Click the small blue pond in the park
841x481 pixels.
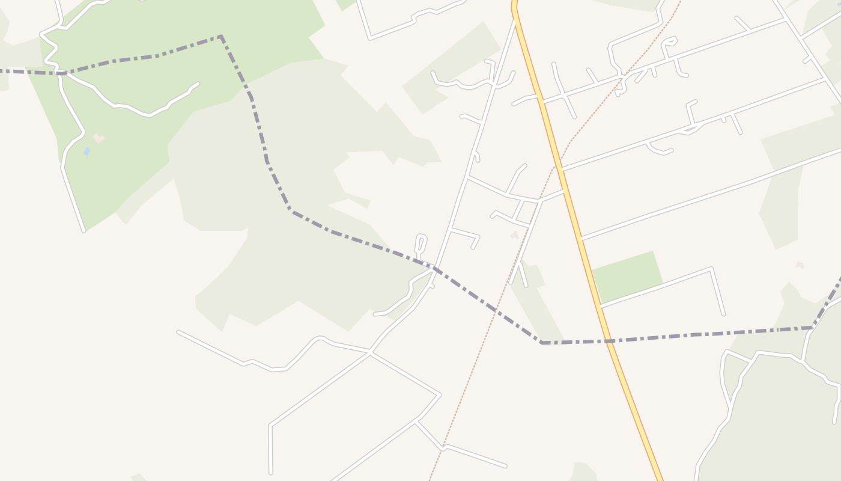tap(87, 152)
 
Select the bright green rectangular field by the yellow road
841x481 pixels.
tap(627, 277)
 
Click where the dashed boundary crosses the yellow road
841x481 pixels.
tap(609, 341)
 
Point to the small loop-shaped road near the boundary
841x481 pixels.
tap(421, 244)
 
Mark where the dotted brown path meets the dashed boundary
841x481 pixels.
tap(494, 310)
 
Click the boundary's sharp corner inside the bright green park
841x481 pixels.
tap(221, 37)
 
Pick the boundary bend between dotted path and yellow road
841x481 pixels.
tap(541, 343)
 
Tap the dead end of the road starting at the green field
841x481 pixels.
tap(723, 314)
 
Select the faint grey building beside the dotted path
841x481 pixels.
tap(515, 235)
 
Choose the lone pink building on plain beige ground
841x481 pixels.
tap(800, 265)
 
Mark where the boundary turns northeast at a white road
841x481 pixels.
tap(812, 328)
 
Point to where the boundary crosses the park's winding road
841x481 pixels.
tap(61, 73)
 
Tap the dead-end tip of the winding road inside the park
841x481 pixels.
tap(197, 84)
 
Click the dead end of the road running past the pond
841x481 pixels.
tap(83, 231)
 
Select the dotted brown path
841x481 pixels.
tap(475, 361)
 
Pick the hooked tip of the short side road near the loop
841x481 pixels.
tap(473, 247)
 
